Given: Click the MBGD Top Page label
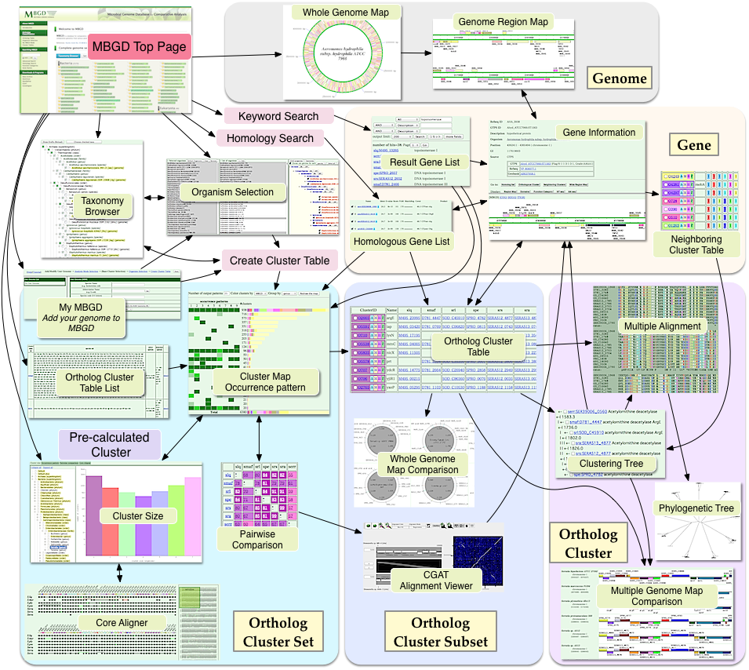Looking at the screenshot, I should [x=140, y=46].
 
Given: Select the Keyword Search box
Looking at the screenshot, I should [x=278, y=116].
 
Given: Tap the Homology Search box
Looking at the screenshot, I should [x=270, y=138].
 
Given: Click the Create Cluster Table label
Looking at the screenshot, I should [x=279, y=260].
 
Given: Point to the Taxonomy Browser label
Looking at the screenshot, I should [x=103, y=206].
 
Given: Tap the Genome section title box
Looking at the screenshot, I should [x=620, y=78].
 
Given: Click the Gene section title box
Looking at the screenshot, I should [x=693, y=144].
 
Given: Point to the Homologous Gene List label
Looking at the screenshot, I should [x=401, y=241].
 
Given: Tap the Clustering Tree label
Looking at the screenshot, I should [x=611, y=464].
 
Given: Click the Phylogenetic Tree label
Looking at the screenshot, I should [x=696, y=508].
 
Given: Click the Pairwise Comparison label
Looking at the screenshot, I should [x=258, y=539].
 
